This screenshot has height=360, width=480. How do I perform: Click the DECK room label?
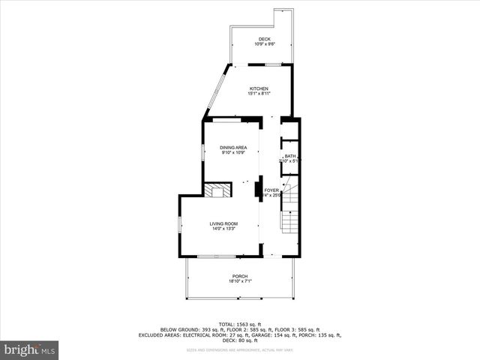pos(264,39)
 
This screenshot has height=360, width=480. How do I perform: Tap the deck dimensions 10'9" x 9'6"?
pos(264,44)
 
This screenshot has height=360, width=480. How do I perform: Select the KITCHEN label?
pos(259,88)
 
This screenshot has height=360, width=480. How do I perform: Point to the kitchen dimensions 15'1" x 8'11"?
pos(259,94)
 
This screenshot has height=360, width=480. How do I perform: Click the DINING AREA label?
pos(233,148)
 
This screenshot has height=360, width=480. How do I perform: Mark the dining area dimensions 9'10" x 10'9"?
pos(233,153)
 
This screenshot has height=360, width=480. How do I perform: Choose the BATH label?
pos(290,156)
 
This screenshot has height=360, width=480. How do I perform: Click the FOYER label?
pos(271,190)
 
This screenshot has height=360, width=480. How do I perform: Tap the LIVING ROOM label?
pos(223,223)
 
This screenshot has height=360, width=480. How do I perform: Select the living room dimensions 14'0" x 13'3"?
pos(223,229)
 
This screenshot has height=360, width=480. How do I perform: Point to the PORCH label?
pos(240,276)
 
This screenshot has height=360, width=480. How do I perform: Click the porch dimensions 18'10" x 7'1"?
pos(240,281)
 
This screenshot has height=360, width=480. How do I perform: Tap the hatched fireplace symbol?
pos(218,190)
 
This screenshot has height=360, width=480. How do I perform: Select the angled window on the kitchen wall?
pos(216,90)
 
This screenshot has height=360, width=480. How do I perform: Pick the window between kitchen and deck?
pos(274,64)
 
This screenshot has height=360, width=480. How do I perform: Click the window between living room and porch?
pos(216,256)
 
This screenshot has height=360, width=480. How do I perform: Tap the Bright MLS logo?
pos(30,349)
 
